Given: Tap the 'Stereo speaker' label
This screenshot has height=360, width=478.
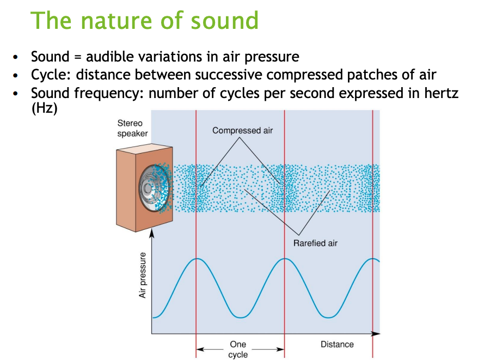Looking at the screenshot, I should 132,129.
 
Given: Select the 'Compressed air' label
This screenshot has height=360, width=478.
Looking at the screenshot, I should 242,131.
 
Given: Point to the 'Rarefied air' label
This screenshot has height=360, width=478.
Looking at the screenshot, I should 315,243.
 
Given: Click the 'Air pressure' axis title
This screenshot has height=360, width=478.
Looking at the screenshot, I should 143,275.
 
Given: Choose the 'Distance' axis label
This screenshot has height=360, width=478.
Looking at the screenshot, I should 337,344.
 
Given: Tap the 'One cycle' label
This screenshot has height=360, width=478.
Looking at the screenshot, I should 238,349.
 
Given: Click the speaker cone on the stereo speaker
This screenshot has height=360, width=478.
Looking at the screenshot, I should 148,188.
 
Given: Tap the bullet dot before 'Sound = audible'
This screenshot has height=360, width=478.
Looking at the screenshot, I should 18,57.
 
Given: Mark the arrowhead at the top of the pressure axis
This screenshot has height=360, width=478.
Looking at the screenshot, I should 152,233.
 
